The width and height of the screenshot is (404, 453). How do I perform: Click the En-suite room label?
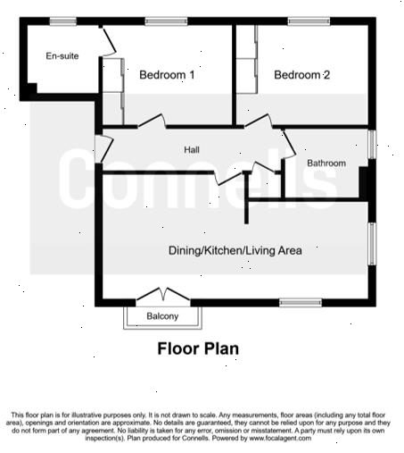click(x=62, y=56)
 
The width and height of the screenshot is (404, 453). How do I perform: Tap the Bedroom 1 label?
click(x=167, y=76)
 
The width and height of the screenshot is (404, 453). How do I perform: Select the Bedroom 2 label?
click(x=301, y=76)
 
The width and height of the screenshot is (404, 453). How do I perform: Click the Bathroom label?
click(x=326, y=164)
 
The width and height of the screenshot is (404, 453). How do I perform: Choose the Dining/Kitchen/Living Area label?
click(x=235, y=251)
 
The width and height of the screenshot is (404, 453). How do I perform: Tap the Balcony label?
click(x=162, y=317)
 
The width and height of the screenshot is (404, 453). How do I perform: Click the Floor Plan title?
click(x=198, y=348)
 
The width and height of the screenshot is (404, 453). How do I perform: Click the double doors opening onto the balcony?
click(x=161, y=295)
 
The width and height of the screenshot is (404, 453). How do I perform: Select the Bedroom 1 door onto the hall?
click(x=151, y=122)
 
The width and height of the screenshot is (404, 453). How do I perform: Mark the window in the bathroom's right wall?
click(x=372, y=144)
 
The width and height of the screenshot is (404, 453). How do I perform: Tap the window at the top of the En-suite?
click(x=62, y=21)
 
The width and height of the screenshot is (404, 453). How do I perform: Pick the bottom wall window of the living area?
click(x=300, y=303)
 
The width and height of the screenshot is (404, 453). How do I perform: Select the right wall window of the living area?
click(x=372, y=243)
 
